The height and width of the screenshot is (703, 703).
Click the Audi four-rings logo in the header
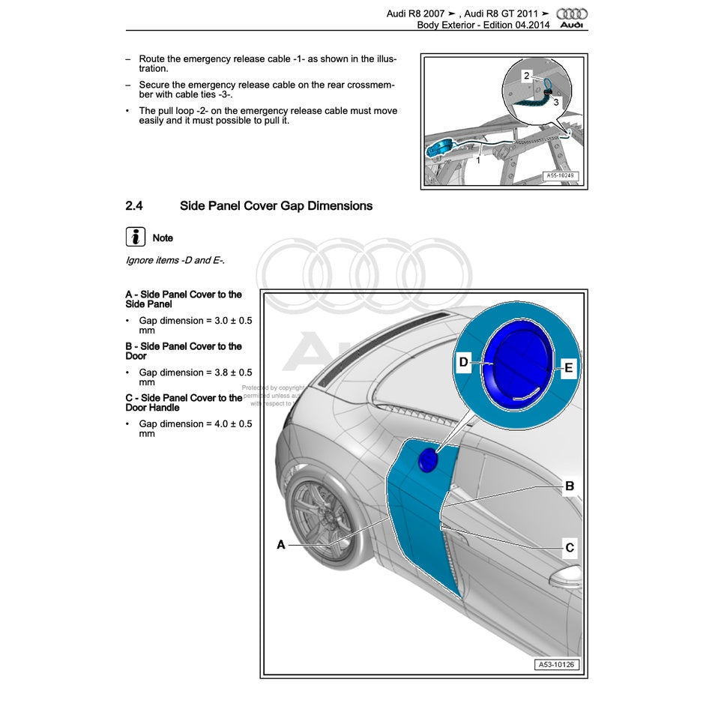tap(573, 13)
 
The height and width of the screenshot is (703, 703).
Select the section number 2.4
tap(134, 205)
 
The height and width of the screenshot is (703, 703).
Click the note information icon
tap(135, 238)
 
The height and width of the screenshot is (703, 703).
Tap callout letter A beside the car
tap(281, 545)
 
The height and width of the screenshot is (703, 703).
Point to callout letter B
tap(570, 486)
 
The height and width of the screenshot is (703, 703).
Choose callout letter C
tap(570, 548)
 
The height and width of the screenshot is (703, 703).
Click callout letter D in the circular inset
tap(463, 363)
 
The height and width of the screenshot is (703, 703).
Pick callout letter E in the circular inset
tap(569, 368)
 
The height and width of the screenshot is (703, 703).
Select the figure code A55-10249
tap(561, 177)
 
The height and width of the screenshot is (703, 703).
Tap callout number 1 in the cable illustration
tap(479, 159)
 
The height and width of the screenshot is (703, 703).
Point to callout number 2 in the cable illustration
tap(527, 76)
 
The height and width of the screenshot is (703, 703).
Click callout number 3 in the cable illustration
tap(555, 103)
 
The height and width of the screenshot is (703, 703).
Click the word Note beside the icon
tap(163, 238)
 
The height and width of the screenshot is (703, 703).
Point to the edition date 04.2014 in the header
tap(532, 25)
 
